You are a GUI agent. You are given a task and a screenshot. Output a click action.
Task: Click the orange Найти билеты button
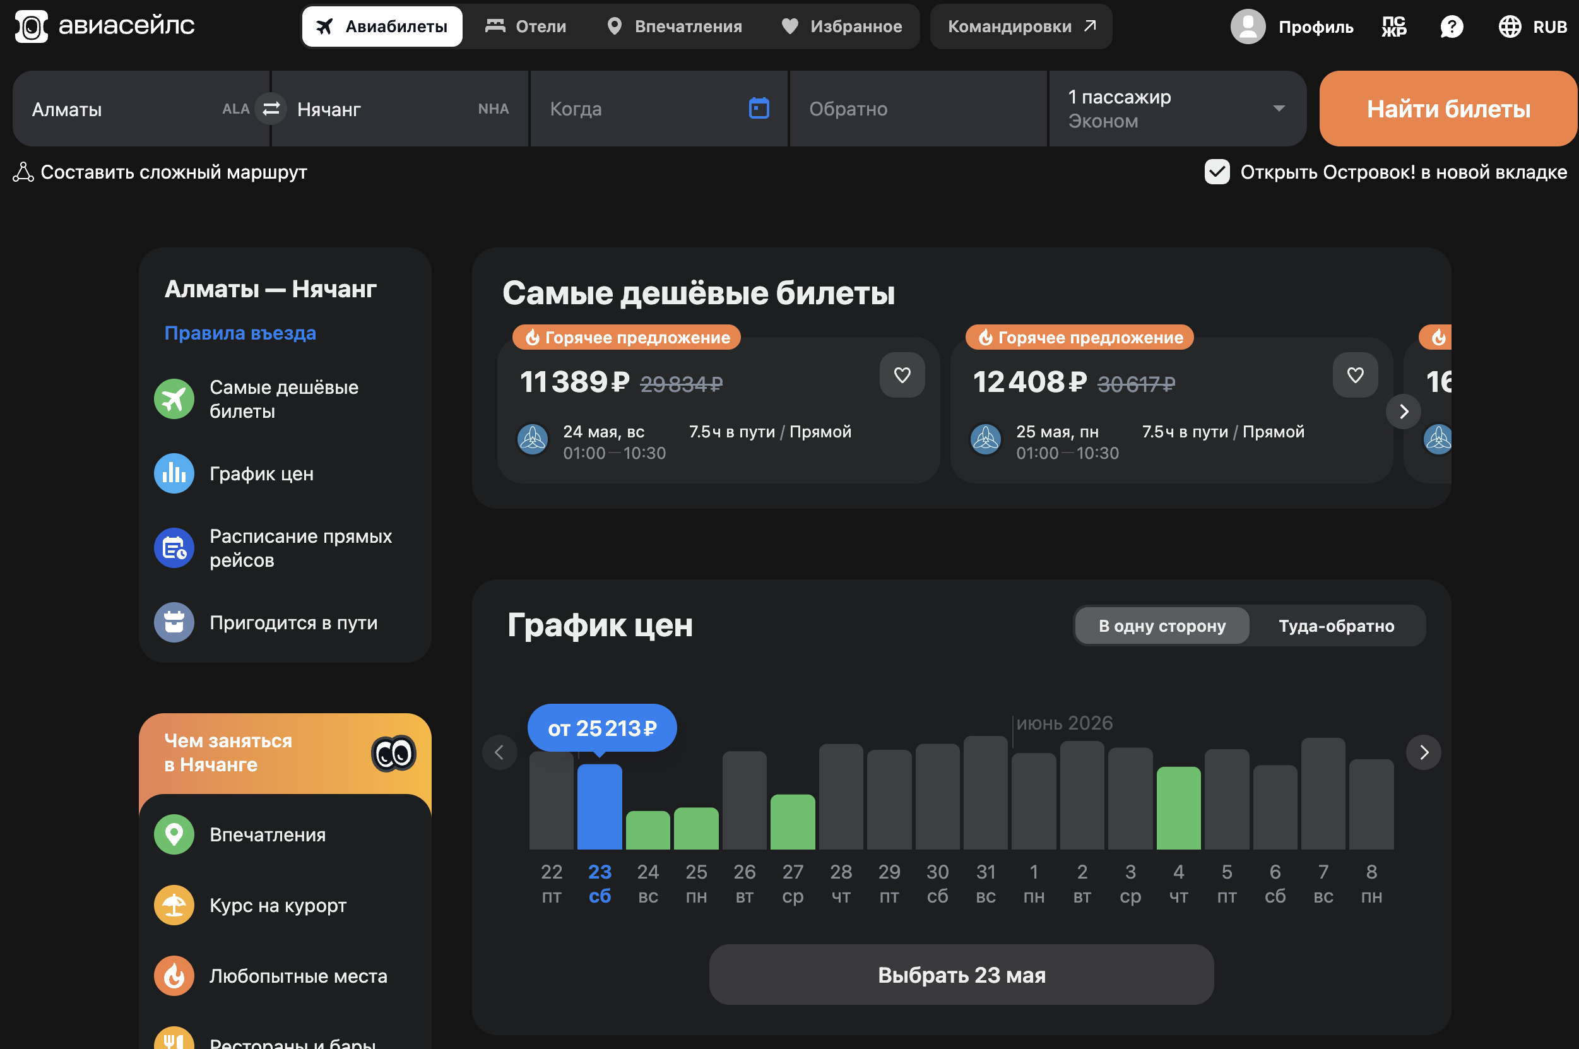[1448, 109]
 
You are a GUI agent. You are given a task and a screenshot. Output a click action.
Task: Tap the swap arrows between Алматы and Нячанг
[271, 109]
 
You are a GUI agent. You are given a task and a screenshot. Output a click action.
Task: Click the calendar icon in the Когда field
[759, 108]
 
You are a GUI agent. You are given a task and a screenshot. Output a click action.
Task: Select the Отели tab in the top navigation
[526, 26]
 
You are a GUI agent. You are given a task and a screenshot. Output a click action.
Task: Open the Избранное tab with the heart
[842, 26]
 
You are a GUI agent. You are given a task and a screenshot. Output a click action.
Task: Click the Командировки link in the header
[1021, 26]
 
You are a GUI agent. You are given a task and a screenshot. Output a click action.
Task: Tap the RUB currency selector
[1532, 26]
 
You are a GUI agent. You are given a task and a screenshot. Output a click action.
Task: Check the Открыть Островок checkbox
[1217, 172]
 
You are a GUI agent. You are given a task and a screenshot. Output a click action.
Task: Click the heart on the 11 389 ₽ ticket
[902, 375]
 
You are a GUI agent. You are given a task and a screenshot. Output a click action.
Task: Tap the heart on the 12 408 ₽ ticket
[1355, 375]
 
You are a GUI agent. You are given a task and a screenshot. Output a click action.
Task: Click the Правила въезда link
[240, 333]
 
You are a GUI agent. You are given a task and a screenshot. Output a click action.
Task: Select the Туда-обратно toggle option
[1336, 625]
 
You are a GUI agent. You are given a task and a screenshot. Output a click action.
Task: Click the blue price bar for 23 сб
[600, 806]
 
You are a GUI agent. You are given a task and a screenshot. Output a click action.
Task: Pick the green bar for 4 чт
[1178, 807]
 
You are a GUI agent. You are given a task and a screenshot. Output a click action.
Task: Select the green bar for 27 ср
[793, 822]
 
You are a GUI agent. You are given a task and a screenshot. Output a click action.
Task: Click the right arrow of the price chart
[1424, 752]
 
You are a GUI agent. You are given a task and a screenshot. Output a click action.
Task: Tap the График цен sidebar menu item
[261, 473]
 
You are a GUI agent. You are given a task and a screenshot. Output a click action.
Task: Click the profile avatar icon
[1247, 26]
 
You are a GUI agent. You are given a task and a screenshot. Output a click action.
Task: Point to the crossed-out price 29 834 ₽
[682, 383]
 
